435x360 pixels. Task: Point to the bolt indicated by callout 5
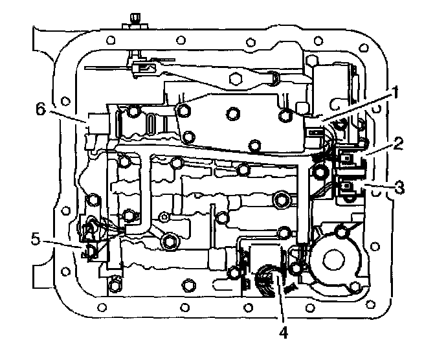click(x=91, y=251)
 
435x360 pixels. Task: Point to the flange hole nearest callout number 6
click(x=65, y=103)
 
